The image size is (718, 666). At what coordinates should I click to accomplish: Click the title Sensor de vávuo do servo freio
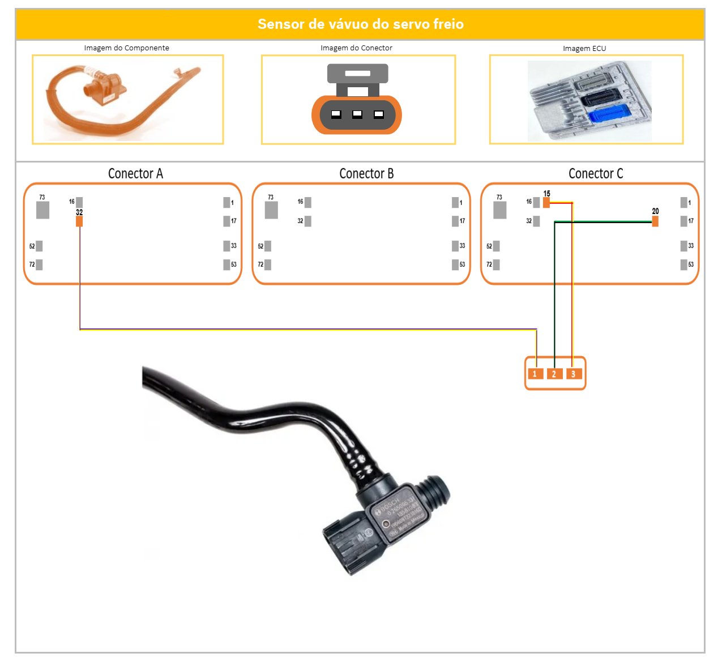click(360, 24)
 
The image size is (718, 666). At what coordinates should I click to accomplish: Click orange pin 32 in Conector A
click(79, 221)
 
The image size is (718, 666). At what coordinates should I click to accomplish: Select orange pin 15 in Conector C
click(546, 202)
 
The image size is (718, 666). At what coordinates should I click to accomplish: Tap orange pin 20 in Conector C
click(655, 221)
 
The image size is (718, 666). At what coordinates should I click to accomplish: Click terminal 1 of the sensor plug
click(535, 374)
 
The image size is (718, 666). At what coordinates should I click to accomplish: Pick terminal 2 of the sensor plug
click(554, 374)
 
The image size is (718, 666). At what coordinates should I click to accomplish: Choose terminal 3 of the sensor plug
click(574, 374)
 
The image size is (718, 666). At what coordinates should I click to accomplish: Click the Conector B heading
click(366, 174)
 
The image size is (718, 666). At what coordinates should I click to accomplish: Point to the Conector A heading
click(135, 174)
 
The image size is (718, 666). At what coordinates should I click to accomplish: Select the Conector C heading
click(596, 174)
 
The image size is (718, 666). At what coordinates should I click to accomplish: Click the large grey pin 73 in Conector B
click(271, 210)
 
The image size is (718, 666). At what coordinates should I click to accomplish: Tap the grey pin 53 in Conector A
click(226, 264)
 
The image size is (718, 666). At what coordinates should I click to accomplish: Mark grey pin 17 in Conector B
click(455, 221)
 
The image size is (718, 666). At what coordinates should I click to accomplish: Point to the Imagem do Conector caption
click(356, 48)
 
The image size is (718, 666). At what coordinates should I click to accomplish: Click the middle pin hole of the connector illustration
click(357, 114)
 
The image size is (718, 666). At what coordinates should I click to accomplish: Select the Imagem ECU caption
click(584, 49)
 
